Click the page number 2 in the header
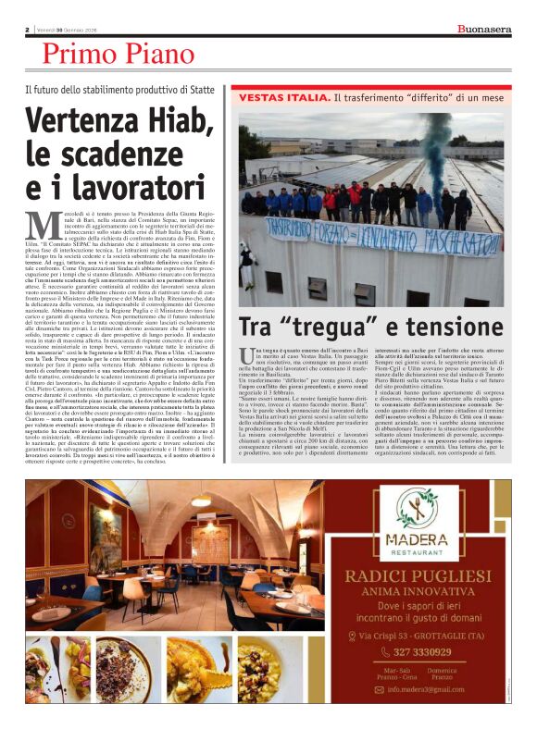pyautogui.click(x=29, y=30)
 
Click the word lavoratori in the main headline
pyautogui.click(x=143, y=185)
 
